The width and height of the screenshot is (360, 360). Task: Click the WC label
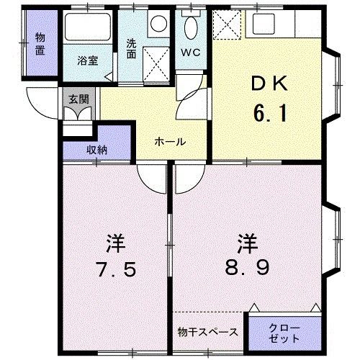point(191,53)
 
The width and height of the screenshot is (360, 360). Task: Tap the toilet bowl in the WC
point(191,29)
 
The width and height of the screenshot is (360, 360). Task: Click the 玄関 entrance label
point(76,99)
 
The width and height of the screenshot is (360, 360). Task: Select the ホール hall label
point(170,142)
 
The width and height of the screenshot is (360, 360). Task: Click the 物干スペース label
point(208,332)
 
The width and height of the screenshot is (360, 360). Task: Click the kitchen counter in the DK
point(284,26)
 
